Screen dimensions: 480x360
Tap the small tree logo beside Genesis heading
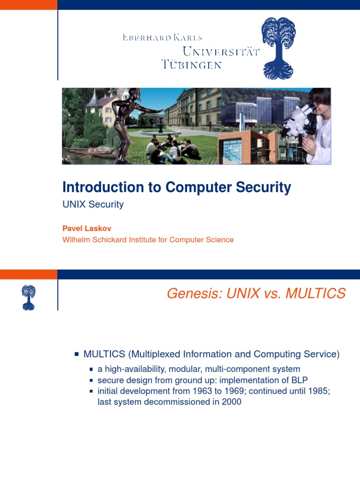(x=28, y=298)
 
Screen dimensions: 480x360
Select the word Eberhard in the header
(x=142, y=37)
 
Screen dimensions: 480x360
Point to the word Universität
(x=221, y=51)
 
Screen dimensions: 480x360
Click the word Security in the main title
(x=263, y=187)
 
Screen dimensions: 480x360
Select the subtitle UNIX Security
(x=93, y=204)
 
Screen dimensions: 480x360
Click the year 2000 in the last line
(x=232, y=402)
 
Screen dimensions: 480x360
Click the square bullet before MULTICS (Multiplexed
(x=76, y=354)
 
